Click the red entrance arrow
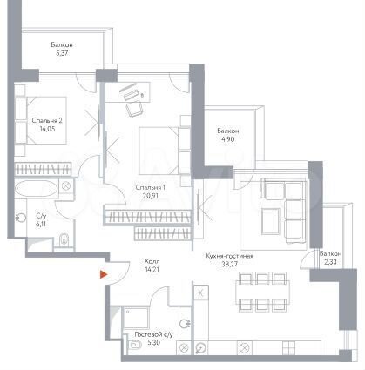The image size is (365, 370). pyautogui.click(x=104, y=274)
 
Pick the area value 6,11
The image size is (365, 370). pyautogui.click(x=41, y=224)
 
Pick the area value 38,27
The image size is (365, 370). pyautogui.click(x=230, y=266)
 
